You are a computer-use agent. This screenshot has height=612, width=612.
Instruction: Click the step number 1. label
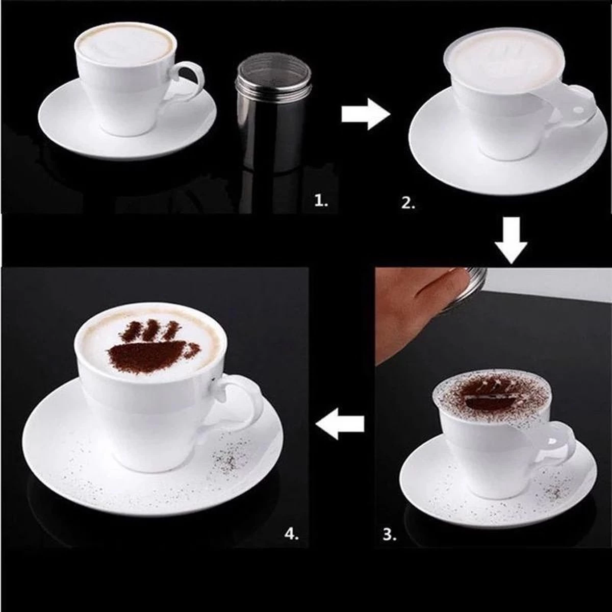[x=321, y=201]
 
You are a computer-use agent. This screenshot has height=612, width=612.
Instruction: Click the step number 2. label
[x=409, y=203]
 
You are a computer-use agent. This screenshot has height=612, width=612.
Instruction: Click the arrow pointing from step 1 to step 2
[x=365, y=115]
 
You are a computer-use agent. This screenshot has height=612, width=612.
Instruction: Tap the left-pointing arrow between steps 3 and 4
[x=340, y=425]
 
